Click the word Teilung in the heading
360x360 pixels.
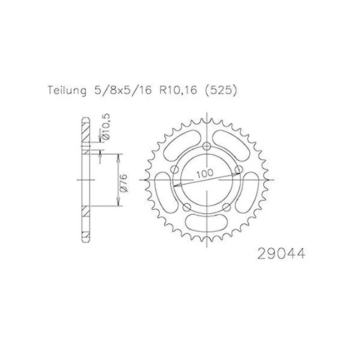tap(67, 90)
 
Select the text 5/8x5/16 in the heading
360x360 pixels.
tap(123, 90)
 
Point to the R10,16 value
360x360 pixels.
tap(178, 90)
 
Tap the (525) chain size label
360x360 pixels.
tap(220, 91)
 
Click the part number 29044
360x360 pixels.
tap(282, 254)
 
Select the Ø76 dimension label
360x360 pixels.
tap(123, 183)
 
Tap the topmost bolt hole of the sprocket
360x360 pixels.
tap(207, 146)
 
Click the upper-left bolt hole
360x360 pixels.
tap(175, 170)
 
